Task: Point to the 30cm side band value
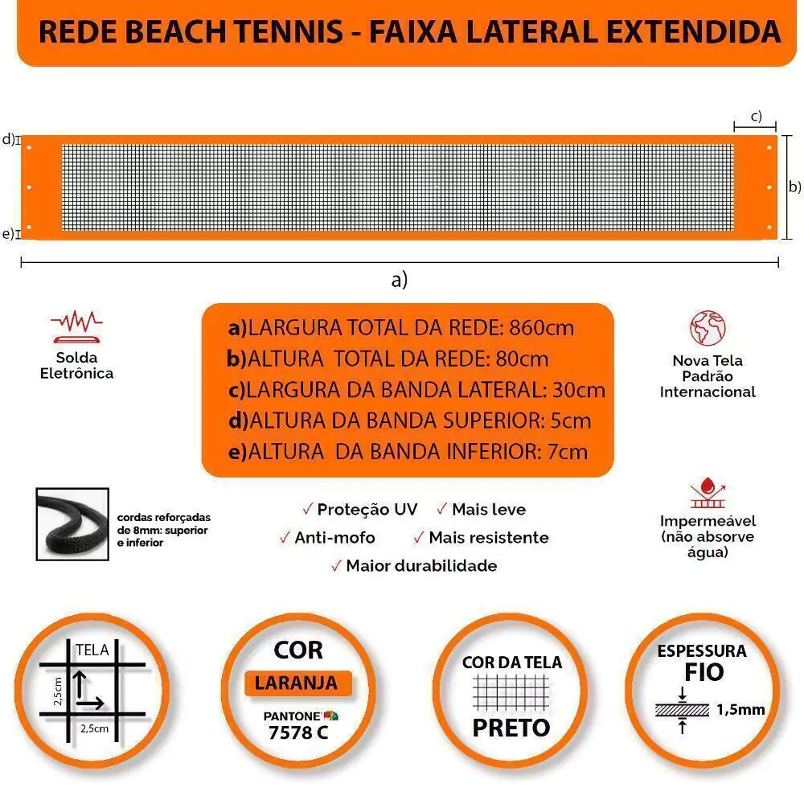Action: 579,390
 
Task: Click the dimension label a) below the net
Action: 400,280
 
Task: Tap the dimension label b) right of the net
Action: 794,187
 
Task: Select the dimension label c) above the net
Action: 756,116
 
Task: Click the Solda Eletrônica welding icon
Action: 76,325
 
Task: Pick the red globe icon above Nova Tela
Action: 708,328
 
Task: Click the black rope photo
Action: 72,524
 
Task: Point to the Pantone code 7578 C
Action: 298,733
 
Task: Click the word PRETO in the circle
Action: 511,728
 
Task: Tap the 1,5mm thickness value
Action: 740,709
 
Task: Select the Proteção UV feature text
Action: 367,510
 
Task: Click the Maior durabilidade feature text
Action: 421,566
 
